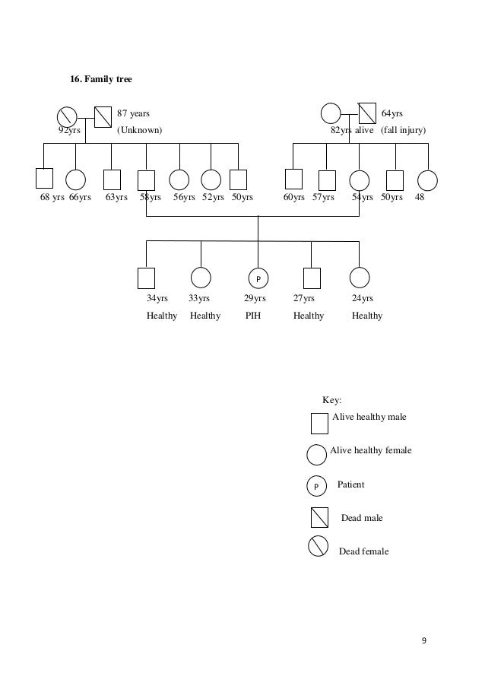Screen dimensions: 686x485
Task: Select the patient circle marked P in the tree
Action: coord(258,279)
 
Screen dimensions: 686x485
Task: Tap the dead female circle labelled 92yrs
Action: coord(67,116)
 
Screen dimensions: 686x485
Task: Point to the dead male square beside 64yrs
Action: coord(366,113)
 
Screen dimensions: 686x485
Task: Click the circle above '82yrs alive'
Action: coord(331,113)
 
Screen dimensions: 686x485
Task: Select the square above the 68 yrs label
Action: coord(44,179)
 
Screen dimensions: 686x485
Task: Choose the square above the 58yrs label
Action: coord(146,179)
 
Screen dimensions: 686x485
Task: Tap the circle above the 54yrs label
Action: coord(359,179)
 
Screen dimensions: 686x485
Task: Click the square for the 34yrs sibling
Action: coord(146,279)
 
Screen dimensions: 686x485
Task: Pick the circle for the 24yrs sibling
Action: coord(360,279)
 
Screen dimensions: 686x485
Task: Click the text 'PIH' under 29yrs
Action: coord(252,316)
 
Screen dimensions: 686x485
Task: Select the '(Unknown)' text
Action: coord(138,131)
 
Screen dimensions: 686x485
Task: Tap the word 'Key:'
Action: coord(332,400)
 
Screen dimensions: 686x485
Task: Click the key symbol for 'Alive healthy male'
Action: coord(319,424)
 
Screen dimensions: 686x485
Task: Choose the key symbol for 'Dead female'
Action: coord(319,546)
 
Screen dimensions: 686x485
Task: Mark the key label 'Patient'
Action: coord(350,484)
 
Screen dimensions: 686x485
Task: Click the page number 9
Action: coord(424,640)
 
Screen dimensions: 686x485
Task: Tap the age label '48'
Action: coord(420,198)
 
